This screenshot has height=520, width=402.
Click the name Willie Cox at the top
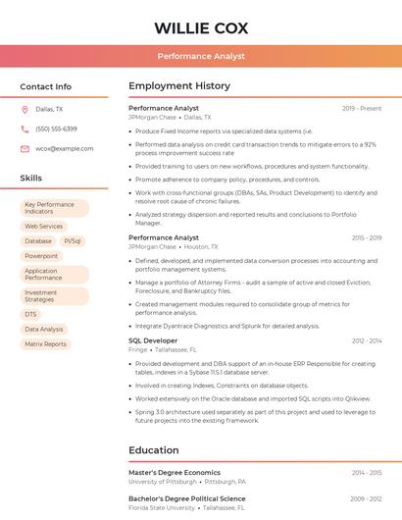click(x=201, y=27)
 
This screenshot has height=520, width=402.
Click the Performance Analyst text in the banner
click(x=201, y=56)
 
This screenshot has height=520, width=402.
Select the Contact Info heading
click(x=45, y=86)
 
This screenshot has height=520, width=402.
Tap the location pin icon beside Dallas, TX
click(x=25, y=110)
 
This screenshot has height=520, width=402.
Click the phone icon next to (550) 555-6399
click(x=25, y=130)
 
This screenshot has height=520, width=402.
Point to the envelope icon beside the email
click(x=25, y=149)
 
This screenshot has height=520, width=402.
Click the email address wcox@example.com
click(x=65, y=149)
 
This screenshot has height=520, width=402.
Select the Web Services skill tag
click(x=43, y=226)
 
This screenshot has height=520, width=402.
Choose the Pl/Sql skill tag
click(x=73, y=240)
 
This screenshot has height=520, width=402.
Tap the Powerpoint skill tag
click(x=41, y=256)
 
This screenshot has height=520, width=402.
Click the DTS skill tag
click(x=30, y=314)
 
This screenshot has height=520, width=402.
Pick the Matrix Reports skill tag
click(x=45, y=344)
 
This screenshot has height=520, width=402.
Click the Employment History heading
click(x=179, y=86)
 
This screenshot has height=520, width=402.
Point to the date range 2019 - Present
click(x=362, y=109)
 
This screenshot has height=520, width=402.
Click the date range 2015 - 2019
click(x=366, y=238)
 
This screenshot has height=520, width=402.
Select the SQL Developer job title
click(x=153, y=340)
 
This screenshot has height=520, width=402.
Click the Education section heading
click(x=153, y=450)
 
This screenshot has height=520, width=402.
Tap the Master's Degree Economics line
click(x=175, y=473)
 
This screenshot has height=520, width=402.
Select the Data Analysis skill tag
click(x=44, y=330)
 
